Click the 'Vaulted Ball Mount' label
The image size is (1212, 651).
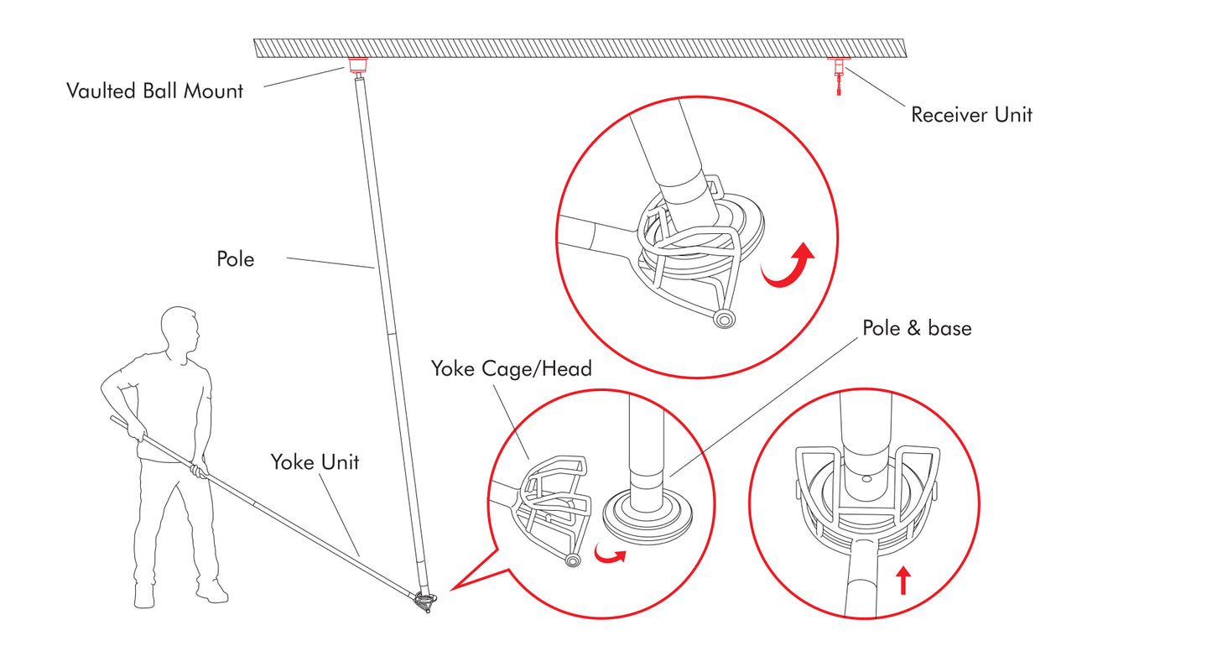tap(154, 91)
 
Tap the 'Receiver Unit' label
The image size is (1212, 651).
tap(971, 115)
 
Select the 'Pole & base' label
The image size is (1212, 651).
tap(917, 328)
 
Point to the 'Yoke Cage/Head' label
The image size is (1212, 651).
tap(512, 368)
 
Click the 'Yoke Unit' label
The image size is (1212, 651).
tap(315, 461)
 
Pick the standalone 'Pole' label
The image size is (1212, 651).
tap(236, 259)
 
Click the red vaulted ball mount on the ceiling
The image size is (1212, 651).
tap(359, 65)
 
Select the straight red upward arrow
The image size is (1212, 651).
tap(902, 581)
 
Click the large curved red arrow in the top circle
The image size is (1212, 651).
tap(790, 266)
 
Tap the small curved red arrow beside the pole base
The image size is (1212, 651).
tap(610, 555)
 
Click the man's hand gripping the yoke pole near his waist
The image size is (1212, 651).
tap(198, 470)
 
